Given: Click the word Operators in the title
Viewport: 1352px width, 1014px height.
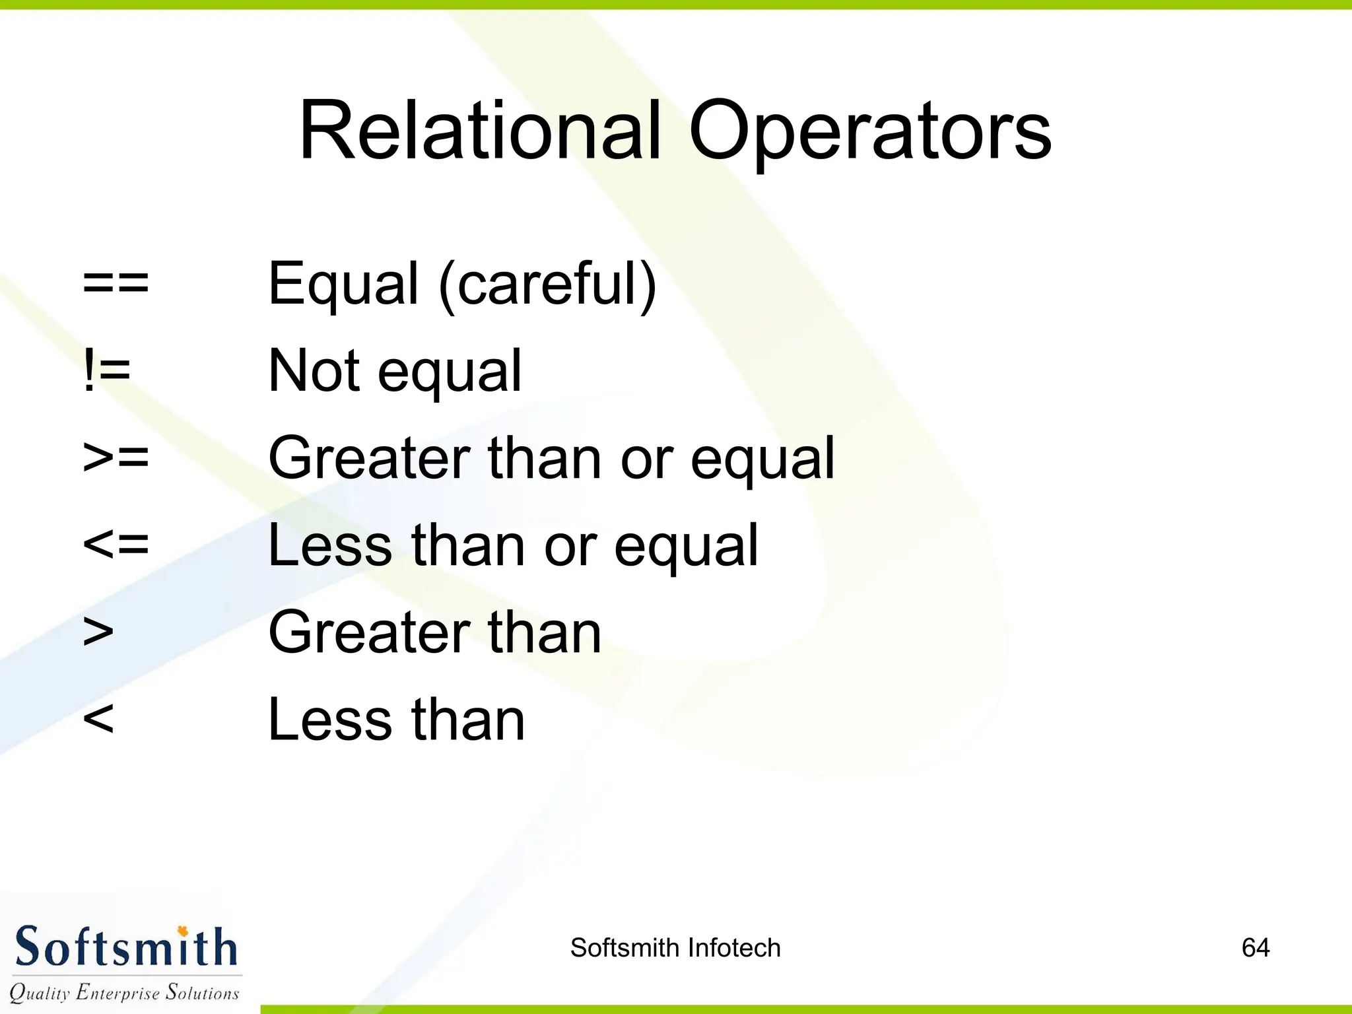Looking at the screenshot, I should (x=869, y=132).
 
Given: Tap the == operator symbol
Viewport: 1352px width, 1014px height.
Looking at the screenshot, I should (x=116, y=283).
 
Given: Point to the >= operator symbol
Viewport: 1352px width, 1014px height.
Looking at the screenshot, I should (x=116, y=457).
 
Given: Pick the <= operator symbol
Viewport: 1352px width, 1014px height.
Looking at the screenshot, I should (x=116, y=545).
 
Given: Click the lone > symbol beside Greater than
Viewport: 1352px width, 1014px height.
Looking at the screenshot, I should (x=98, y=632).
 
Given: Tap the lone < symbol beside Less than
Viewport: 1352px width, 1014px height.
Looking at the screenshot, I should (x=98, y=719).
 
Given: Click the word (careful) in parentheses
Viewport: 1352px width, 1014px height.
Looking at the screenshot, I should (x=548, y=284).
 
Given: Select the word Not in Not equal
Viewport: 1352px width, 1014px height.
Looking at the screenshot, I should (x=314, y=370).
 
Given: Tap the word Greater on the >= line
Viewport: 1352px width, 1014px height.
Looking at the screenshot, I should (x=369, y=457).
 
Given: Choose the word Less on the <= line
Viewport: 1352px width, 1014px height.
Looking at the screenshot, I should (x=330, y=545).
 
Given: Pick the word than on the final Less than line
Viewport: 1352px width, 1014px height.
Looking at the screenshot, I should (x=468, y=719).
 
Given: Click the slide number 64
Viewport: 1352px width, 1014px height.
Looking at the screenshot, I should (x=1255, y=948).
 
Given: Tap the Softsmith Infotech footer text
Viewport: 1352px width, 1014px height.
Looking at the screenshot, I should (x=675, y=948).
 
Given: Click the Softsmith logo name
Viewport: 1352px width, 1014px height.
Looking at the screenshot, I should (x=125, y=947).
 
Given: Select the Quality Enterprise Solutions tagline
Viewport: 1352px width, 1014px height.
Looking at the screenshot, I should (x=124, y=992).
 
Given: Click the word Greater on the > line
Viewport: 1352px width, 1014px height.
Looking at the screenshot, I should (x=369, y=632).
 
